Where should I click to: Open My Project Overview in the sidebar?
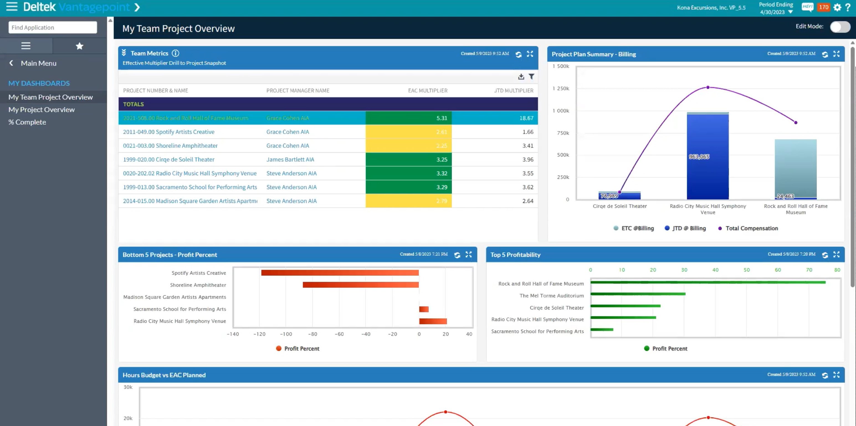[x=42, y=110]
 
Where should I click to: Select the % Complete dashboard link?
[x=27, y=122]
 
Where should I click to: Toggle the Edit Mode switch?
[x=839, y=27]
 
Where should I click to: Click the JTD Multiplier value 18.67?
[x=526, y=118]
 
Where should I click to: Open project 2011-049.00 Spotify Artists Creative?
[x=168, y=132]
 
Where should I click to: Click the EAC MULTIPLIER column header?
[x=427, y=91]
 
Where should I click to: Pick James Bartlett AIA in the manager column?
[x=290, y=159]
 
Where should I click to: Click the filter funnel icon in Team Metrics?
[x=531, y=77]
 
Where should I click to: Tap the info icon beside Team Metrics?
[x=175, y=53]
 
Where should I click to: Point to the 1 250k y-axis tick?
[x=561, y=88]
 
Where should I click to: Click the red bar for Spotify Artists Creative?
[x=340, y=273]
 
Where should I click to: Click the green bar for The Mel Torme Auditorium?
[x=637, y=294]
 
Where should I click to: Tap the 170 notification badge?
[x=823, y=7]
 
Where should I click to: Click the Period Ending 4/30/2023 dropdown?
[x=776, y=8]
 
